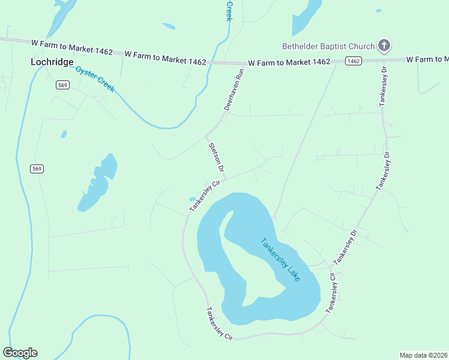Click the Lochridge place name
(x=52, y=62)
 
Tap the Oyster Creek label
(x=95, y=78)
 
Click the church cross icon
(x=384, y=46)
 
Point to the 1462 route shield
(x=354, y=61)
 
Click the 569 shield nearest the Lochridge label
(x=62, y=85)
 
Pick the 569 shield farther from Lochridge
(x=37, y=169)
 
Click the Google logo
(x=20, y=353)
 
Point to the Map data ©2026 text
(x=423, y=355)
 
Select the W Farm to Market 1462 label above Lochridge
(x=71, y=47)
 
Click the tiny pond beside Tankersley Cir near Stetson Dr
(x=192, y=199)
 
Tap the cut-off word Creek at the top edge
(x=229, y=11)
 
